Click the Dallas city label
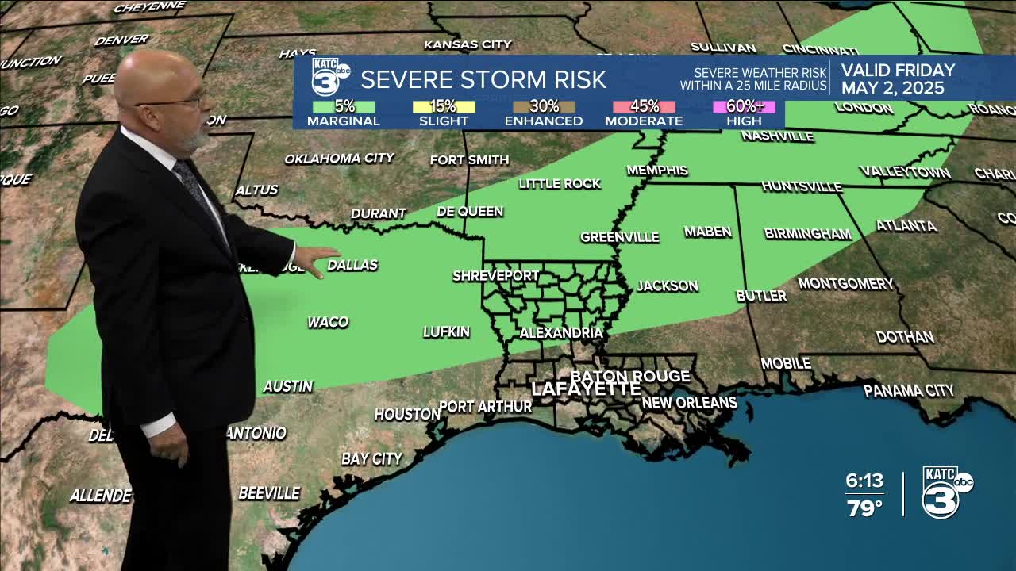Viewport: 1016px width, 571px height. pyautogui.click(x=352, y=265)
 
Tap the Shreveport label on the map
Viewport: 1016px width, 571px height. pyautogui.click(x=495, y=276)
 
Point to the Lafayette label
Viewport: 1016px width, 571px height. pyautogui.click(x=586, y=389)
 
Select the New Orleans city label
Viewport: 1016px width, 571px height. pyautogui.click(x=689, y=403)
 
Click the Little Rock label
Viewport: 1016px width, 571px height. pyautogui.click(x=560, y=184)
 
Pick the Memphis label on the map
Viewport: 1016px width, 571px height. pyautogui.click(x=656, y=171)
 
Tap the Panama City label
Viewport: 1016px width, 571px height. pyautogui.click(x=908, y=390)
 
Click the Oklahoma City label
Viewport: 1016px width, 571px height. pyautogui.click(x=339, y=159)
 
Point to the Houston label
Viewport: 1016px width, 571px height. pyautogui.click(x=407, y=414)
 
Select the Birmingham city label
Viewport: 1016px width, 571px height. pyautogui.click(x=807, y=234)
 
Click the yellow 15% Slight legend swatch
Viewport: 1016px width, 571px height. pyautogui.click(x=444, y=106)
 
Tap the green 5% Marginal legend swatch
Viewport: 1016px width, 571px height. pyautogui.click(x=343, y=106)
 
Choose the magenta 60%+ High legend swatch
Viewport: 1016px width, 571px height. pyautogui.click(x=744, y=106)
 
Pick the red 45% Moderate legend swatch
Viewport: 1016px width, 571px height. pyautogui.click(x=644, y=106)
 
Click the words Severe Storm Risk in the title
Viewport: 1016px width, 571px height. pyautogui.click(x=483, y=79)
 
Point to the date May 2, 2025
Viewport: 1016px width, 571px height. pyautogui.click(x=893, y=88)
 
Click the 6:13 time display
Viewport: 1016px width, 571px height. pyautogui.click(x=864, y=481)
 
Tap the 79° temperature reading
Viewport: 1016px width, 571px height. pyautogui.click(x=864, y=508)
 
